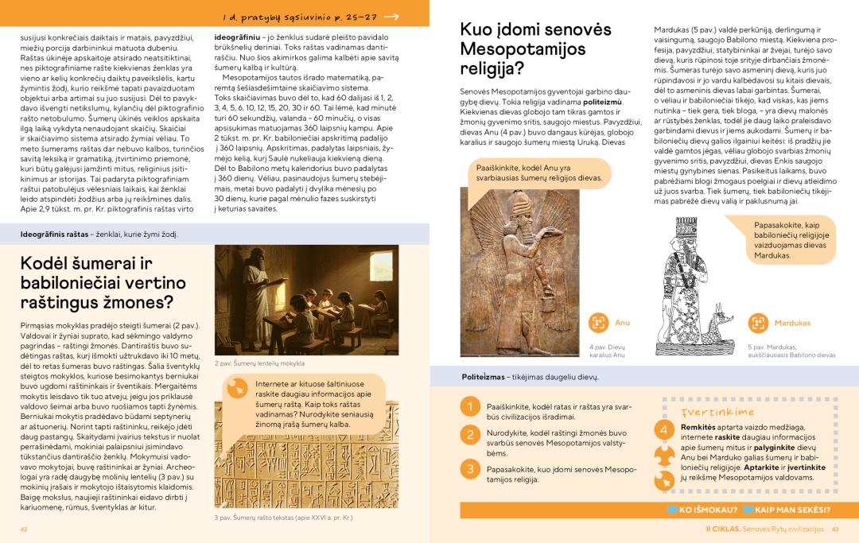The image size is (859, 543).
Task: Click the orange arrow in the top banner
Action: [x=392, y=17]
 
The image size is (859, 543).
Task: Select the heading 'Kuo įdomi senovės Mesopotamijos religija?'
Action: [x=535, y=49]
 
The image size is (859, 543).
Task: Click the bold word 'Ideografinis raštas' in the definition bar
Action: [x=54, y=235]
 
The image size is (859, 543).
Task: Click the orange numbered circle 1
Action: [x=470, y=407]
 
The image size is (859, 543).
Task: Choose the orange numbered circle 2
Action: [x=470, y=435]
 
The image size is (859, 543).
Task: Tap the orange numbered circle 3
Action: [x=470, y=469]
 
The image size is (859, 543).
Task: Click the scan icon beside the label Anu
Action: [x=598, y=323]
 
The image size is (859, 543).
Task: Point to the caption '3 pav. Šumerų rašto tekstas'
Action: [x=283, y=518]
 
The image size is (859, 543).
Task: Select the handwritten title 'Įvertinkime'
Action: [x=707, y=412]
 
